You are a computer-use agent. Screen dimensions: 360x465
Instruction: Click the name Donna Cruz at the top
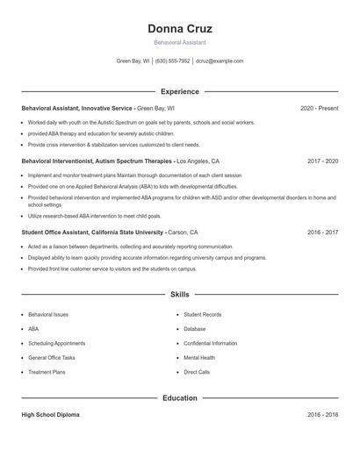(180, 28)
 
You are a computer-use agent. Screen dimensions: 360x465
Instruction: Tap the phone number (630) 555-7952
(173, 61)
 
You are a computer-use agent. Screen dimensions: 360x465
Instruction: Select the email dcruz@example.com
(220, 61)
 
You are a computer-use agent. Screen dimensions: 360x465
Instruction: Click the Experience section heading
(180, 91)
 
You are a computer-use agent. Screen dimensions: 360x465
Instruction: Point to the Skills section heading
(180, 295)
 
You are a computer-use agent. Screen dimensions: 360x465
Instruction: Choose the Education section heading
(180, 398)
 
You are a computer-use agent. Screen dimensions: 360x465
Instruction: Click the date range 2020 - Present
(319, 108)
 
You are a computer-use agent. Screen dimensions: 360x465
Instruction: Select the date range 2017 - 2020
(322, 161)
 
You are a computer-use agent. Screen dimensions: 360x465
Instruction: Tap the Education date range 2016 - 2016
(322, 415)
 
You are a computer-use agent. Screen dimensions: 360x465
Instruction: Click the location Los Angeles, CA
(198, 161)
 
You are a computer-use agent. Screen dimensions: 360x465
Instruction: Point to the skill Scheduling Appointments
(56, 343)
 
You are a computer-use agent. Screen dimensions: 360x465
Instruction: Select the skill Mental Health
(198, 358)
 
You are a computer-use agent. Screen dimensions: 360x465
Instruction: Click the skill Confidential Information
(210, 343)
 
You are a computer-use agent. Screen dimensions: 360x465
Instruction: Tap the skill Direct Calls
(197, 372)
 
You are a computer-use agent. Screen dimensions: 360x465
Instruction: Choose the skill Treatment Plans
(47, 372)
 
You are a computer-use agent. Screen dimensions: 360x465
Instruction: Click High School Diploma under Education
(50, 415)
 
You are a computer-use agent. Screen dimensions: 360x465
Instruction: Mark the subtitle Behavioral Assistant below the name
(180, 42)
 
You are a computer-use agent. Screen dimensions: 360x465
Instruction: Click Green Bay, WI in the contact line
(133, 61)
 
